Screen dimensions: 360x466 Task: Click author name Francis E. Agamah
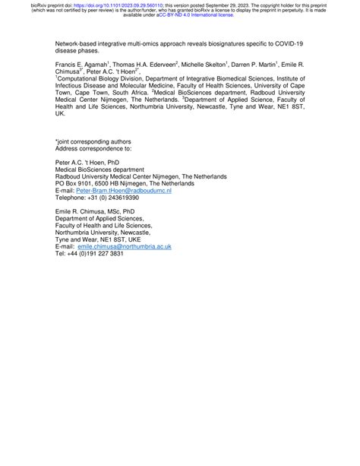(82, 67)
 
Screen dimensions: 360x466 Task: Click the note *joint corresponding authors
(93, 141)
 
